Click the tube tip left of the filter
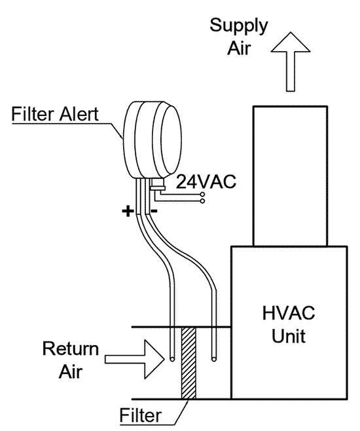[x=171, y=360]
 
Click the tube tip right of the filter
[x=213, y=358]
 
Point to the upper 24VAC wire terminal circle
[x=203, y=195]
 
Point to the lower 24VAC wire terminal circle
[x=203, y=201]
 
